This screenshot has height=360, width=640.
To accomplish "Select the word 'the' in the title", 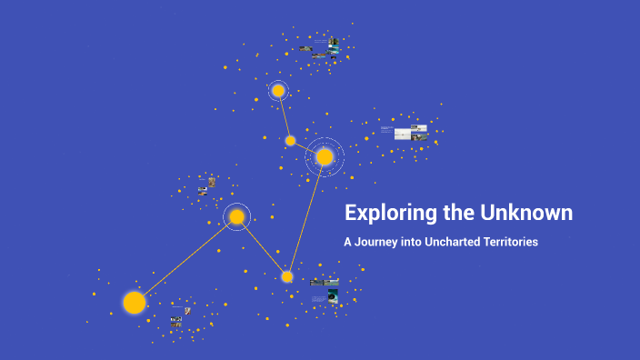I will coord(451,214).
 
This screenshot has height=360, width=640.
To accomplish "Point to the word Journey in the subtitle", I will coord(377,243).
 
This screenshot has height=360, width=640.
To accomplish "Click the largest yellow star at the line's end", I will coord(135,302).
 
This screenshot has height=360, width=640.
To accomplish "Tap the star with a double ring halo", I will coord(325,157).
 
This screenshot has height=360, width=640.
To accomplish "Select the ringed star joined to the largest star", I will coord(236,216).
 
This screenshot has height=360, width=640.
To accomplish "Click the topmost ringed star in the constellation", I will coord(278,91).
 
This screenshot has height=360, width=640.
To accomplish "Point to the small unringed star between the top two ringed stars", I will coord(290,140).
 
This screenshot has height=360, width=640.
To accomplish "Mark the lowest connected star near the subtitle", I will coord(287,276).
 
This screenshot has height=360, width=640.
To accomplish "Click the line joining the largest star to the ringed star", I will coord(185,259).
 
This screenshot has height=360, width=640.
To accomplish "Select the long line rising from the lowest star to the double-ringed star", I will coord(306,216).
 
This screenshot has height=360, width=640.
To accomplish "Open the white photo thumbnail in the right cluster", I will coord(403,134).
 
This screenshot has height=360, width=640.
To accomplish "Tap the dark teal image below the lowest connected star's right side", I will coord(333,295).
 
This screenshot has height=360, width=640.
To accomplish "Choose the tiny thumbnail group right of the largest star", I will coord(177,318).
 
